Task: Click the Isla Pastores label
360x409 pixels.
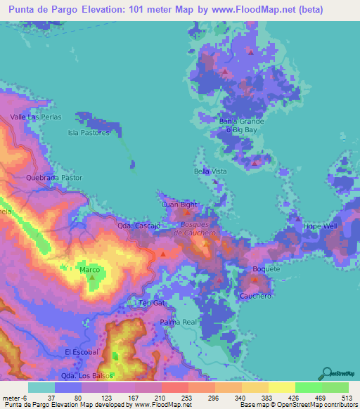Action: [89, 132]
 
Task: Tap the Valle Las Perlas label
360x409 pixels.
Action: [35, 117]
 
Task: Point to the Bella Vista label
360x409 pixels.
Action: [210, 171]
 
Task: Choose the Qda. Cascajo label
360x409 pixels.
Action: [139, 226]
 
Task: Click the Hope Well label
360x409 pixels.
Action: [321, 226]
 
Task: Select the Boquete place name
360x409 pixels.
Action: [266, 269]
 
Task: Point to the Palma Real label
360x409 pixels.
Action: [178, 322]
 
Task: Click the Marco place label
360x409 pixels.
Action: [89, 270]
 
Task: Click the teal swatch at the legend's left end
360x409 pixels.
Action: [41, 387]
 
